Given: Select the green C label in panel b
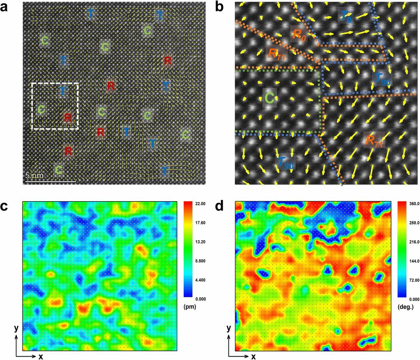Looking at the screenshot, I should (x=269, y=98).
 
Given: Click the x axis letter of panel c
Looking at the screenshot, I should (x=41, y=356).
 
